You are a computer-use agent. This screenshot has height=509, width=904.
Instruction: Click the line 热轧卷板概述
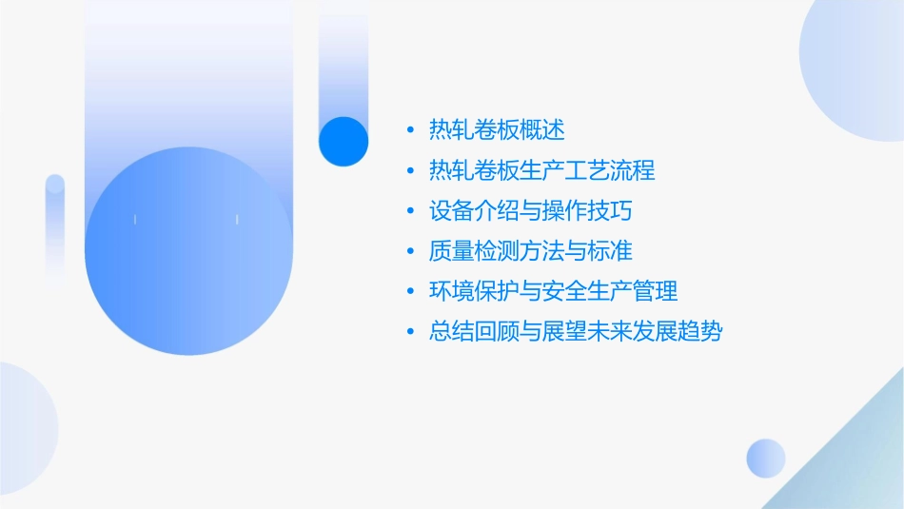coord(497,129)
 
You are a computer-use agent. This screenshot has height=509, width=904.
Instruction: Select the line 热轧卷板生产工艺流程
coord(542,170)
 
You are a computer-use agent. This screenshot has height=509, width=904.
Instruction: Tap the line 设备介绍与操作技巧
coord(531,210)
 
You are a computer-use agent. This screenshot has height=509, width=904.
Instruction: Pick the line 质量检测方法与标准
coord(531,251)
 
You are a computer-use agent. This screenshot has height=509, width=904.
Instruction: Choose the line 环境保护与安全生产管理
coord(554,291)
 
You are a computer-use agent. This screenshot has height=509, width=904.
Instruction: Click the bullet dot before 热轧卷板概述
coord(410,130)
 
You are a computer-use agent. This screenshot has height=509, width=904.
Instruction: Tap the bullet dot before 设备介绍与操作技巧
coord(410,211)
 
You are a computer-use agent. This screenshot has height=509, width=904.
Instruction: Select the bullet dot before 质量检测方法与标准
coord(410,252)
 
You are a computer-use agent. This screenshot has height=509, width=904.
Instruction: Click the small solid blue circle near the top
coord(343,141)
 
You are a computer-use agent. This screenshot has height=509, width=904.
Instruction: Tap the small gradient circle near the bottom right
coord(766,458)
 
